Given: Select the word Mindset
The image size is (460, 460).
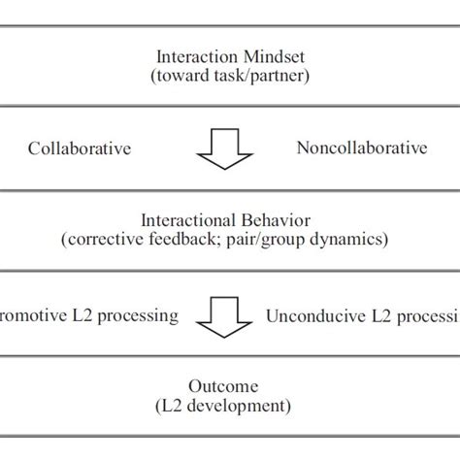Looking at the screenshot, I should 265,55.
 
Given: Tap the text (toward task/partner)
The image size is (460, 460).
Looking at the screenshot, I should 230,76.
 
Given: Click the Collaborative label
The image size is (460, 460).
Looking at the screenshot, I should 80,148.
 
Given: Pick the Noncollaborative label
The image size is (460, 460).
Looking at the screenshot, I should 361,148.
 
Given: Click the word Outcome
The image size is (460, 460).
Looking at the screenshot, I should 230,384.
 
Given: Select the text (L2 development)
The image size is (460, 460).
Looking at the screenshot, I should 230,405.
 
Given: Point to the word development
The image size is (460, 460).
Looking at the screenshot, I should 249,405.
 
